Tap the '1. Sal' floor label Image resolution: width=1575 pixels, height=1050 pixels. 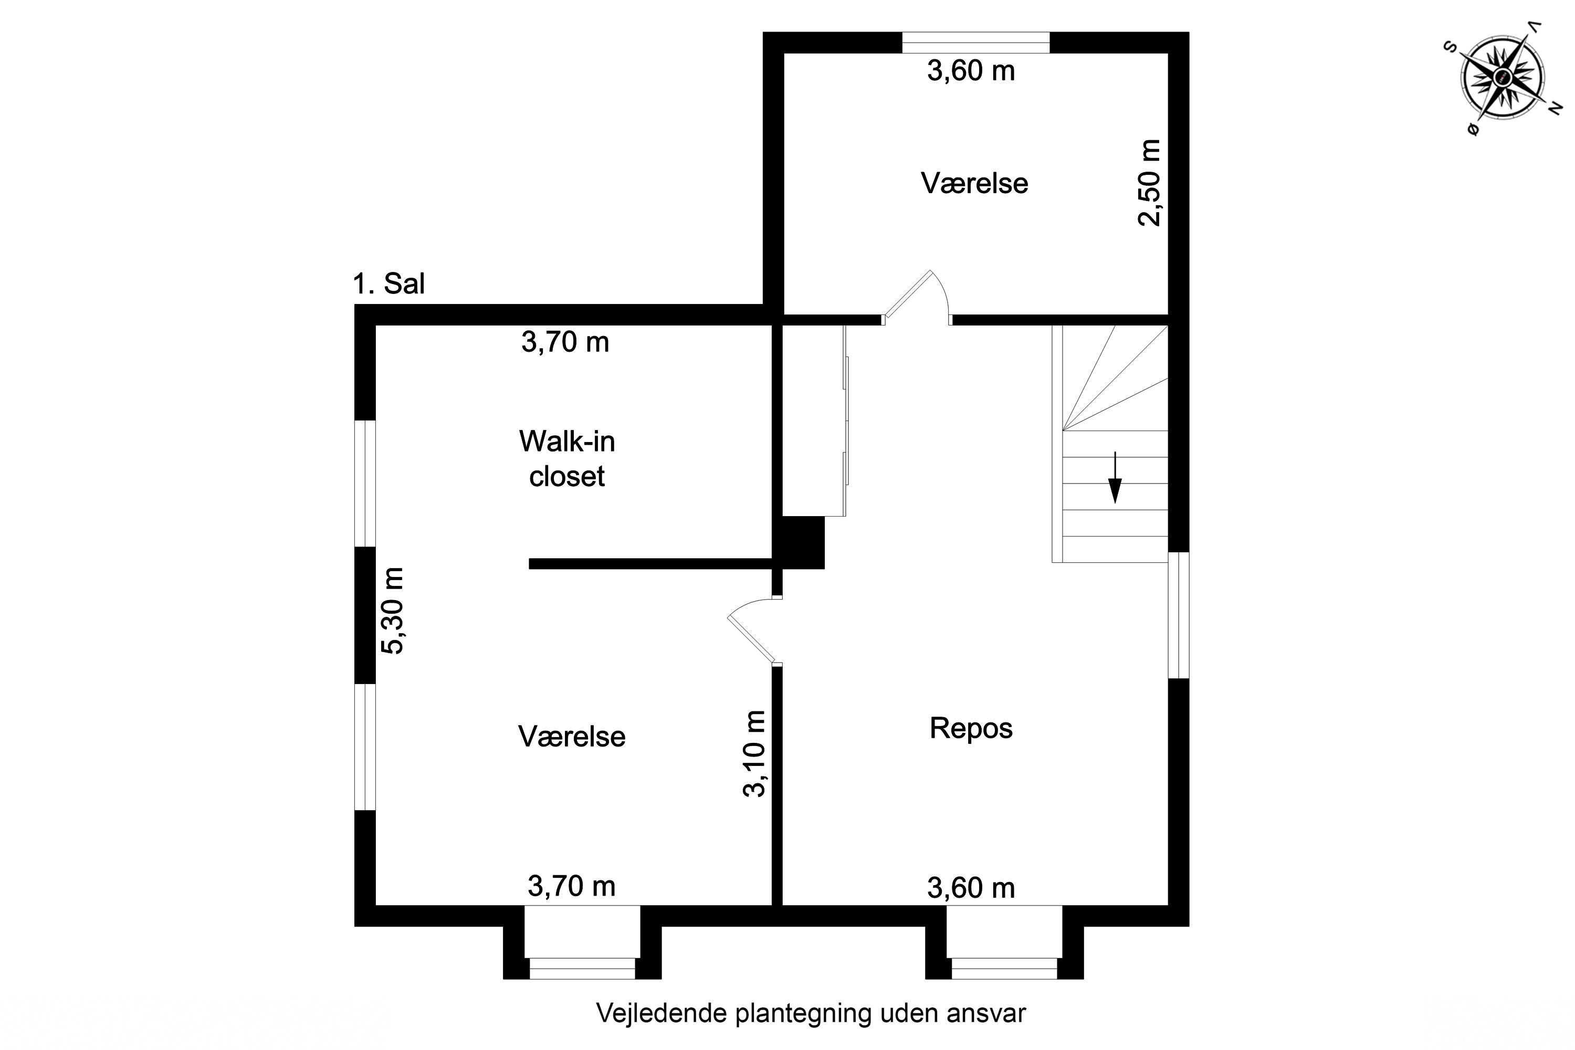pos(388,284)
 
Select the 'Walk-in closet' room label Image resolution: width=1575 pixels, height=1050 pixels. pos(567,459)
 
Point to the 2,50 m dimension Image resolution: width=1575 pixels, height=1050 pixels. pos(1150,183)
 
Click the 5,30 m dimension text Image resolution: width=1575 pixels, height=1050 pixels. pos(392,610)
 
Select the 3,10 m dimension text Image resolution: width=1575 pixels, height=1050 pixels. pos(754,753)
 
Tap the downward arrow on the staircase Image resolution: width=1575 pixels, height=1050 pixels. pos(1115,477)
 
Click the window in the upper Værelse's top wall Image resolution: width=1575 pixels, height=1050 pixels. pos(975,42)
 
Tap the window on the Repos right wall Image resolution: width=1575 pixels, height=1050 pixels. pos(1179,615)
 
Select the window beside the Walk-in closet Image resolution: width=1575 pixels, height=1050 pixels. pos(365,483)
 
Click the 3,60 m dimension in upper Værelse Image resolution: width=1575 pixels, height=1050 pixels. pos(971,70)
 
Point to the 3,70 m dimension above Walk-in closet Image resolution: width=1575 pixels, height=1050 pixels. pos(565,342)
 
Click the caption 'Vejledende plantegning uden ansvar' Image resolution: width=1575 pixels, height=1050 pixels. pos(811,1013)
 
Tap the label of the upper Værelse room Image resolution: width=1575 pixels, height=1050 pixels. pos(974,183)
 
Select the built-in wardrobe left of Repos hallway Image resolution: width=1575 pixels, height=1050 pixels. pos(814,421)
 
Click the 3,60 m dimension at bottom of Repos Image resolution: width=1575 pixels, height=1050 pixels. pos(971,888)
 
